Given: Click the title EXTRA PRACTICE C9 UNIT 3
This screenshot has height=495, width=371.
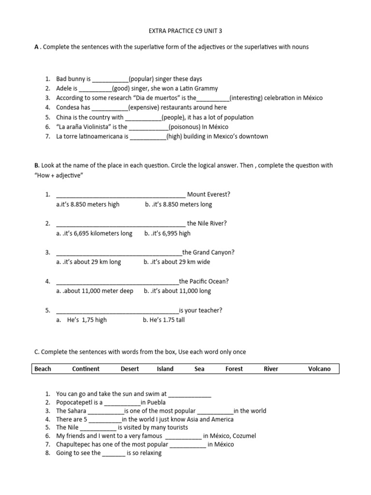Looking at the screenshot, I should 185,31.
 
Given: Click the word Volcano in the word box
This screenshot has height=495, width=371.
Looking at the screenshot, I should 319,369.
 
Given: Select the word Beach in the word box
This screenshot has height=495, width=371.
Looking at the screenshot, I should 43,369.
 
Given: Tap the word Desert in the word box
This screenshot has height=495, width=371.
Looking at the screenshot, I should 129,369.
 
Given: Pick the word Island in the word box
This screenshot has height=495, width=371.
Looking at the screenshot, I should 165,369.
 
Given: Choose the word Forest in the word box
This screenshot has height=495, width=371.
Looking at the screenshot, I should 234,369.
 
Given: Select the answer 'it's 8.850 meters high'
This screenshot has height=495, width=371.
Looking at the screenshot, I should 89,204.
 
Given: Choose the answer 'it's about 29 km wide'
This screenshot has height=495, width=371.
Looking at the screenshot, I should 179,262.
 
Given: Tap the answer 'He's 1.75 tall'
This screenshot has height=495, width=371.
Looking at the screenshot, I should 164,320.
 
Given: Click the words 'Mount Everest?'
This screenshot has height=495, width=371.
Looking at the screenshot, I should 209,194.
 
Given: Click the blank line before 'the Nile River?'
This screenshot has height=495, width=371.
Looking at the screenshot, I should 121,224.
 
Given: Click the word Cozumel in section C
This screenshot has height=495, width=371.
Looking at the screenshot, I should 244,436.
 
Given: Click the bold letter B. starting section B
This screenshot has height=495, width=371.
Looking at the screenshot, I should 37,165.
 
